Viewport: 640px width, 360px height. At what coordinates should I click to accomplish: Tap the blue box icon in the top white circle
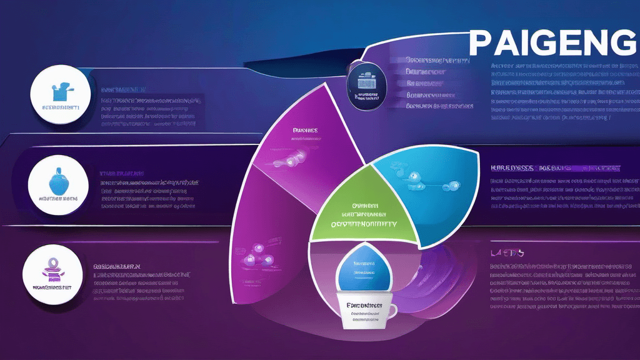tap(61, 92)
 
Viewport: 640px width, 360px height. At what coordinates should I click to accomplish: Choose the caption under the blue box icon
tap(61, 107)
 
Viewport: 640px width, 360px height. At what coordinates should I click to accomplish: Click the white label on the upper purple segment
tap(306, 131)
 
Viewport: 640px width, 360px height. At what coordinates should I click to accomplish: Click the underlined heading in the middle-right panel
tap(556, 168)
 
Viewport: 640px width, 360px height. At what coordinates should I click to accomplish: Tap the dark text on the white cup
tap(364, 310)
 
